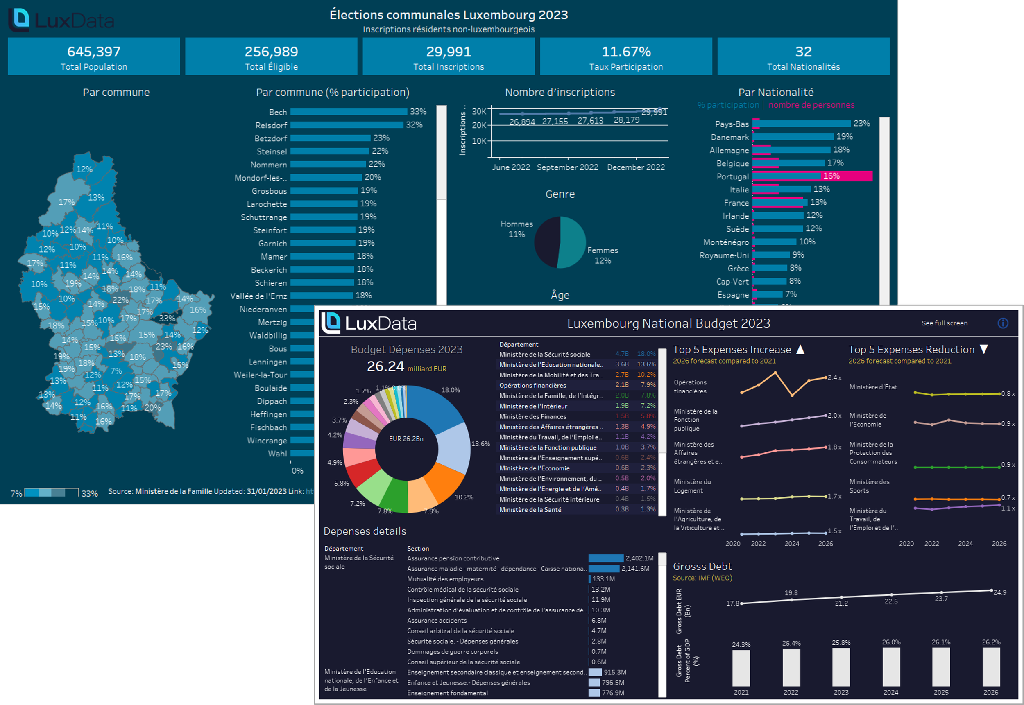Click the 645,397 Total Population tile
[x=94, y=56]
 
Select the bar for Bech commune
[x=348, y=112]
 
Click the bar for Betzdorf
[x=330, y=138]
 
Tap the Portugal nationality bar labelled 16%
[x=812, y=176]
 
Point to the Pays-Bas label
[x=732, y=124]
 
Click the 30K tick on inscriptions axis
[x=479, y=111]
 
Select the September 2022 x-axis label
[x=567, y=167]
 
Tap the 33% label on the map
[x=167, y=318]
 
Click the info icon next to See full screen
[x=1003, y=323]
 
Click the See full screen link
[x=945, y=323]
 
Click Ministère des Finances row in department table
[x=532, y=416]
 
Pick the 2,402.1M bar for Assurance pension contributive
[x=605, y=558]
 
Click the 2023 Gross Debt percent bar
[x=840, y=667]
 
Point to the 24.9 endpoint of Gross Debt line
[x=991, y=591]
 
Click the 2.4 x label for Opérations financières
[x=834, y=377]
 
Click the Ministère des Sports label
[x=869, y=486]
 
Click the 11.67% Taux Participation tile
[x=626, y=56]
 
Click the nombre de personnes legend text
[x=811, y=105]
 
